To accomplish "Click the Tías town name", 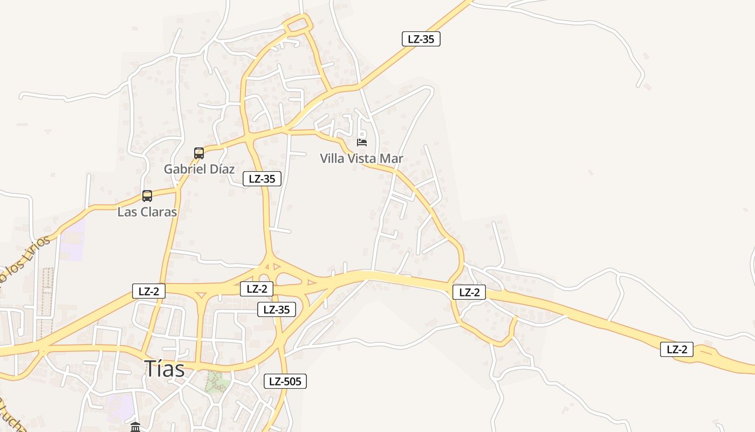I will tap(164, 369).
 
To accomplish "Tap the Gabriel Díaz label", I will tap(199, 169).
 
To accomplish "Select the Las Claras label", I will tap(147, 212).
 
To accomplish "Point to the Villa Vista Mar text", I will tap(361, 158).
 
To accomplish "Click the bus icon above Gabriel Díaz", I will tap(199, 153).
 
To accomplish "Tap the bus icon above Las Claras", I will tap(147, 196).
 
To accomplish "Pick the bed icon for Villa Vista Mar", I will tap(362, 143).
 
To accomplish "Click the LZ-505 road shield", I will tap(285, 381).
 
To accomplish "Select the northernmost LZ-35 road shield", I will tap(421, 39).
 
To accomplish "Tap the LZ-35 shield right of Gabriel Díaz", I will tap(262, 179).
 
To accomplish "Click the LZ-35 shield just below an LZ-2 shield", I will tap(277, 309).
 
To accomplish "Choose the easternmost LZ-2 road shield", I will tap(677, 349).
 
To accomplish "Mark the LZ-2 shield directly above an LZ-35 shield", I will tap(257, 289).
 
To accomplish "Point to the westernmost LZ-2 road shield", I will tap(149, 291).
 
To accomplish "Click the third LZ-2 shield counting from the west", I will tap(469, 293).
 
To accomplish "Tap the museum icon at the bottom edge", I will tap(135, 427).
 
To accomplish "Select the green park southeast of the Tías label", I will tap(217, 382).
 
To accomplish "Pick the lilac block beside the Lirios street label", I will tap(72, 240).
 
